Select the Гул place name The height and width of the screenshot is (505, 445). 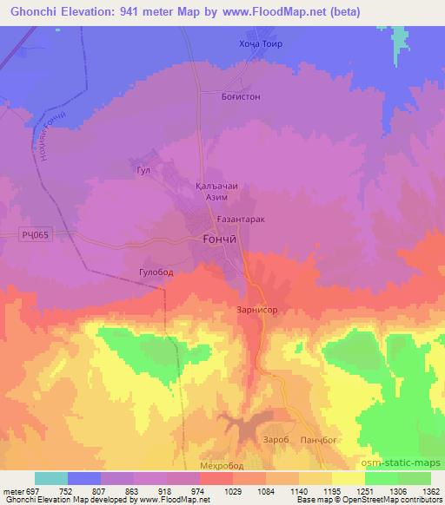coord(143,170)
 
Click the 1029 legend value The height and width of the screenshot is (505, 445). coord(235,490)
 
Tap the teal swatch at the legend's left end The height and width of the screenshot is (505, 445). coord(51,478)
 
